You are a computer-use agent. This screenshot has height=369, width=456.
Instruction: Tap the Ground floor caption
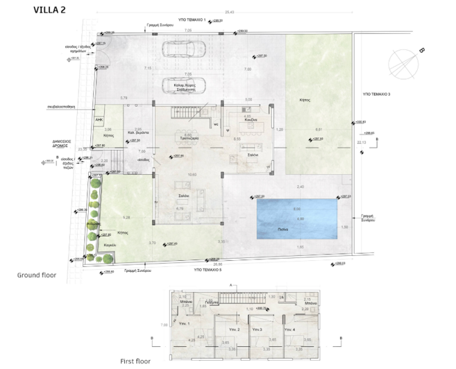36,275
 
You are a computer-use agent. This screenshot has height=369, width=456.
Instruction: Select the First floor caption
135,361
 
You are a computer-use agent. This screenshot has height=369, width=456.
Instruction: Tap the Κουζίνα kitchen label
251,121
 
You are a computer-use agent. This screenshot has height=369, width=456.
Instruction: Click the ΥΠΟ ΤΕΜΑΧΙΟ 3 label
376,93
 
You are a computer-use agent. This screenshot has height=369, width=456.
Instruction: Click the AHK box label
99,119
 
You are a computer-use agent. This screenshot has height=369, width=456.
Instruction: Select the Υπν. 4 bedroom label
288,329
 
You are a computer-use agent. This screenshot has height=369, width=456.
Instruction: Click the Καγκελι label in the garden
108,245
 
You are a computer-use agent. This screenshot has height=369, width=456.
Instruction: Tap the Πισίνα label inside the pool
296,228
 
